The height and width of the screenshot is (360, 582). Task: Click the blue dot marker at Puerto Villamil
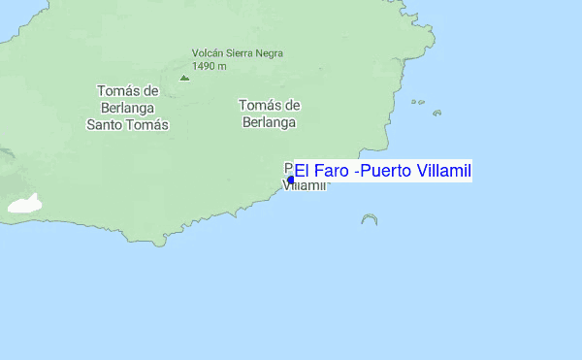(291, 180)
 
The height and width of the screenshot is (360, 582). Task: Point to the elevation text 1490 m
(210, 66)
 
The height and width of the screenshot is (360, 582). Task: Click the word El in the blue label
(302, 171)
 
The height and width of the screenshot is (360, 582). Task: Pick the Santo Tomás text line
(128, 124)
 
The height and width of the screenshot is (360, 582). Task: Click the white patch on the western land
(26, 204)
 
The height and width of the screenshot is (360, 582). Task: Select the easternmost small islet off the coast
(436, 113)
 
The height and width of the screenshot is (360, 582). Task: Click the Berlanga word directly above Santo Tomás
(128, 108)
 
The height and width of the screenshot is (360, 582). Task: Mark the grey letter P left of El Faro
(288, 166)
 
